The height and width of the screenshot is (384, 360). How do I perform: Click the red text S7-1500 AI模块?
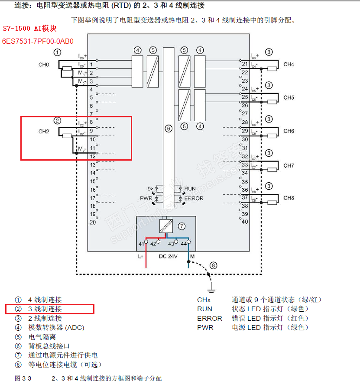30,29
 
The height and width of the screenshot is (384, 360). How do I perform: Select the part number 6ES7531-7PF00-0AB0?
38,42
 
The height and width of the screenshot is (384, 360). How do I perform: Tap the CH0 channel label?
44,65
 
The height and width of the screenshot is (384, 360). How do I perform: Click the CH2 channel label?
44,131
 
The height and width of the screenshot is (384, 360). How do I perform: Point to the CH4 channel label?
289,65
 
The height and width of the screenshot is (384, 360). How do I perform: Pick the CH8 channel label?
289,198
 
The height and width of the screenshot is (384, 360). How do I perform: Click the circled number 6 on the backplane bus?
169,128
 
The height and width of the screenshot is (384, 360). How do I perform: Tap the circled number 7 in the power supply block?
182,226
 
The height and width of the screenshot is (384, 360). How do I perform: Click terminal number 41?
141,244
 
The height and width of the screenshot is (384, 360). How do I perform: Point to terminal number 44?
183,244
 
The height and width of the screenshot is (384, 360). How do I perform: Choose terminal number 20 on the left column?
92,222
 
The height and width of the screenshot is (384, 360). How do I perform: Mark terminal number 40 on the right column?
245,222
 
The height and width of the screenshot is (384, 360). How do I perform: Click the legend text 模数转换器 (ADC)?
56,328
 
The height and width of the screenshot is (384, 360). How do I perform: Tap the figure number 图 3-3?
23,378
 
